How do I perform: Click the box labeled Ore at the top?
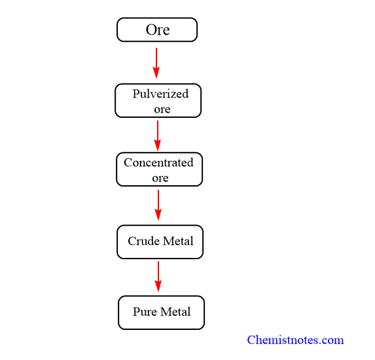(x=157, y=29)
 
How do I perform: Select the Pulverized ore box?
(x=158, y=100)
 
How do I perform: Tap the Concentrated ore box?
(x=159, y=169)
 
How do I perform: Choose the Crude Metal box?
(x=160, y=242)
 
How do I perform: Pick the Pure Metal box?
(x=161, y=313)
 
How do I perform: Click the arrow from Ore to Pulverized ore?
(x=156, y=63)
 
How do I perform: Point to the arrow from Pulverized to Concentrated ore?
(x=158, y=135)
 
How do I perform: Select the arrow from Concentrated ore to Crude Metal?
(x=158, y=205)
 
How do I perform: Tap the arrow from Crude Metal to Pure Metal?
(x=158, y=276)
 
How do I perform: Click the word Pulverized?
(x=160, y=94)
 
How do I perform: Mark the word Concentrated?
(x=158, y=163)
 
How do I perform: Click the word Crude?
(x=143, y=241)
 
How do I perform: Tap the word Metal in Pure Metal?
(x=175, y=312)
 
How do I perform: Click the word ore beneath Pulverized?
(x=162, y=109)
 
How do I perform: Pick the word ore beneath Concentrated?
(x=160, y=178)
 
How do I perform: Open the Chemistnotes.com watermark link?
(x=295, y=340)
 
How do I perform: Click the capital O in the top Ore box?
(x=151, y=30)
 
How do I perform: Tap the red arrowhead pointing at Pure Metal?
(x=158, y=285)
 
